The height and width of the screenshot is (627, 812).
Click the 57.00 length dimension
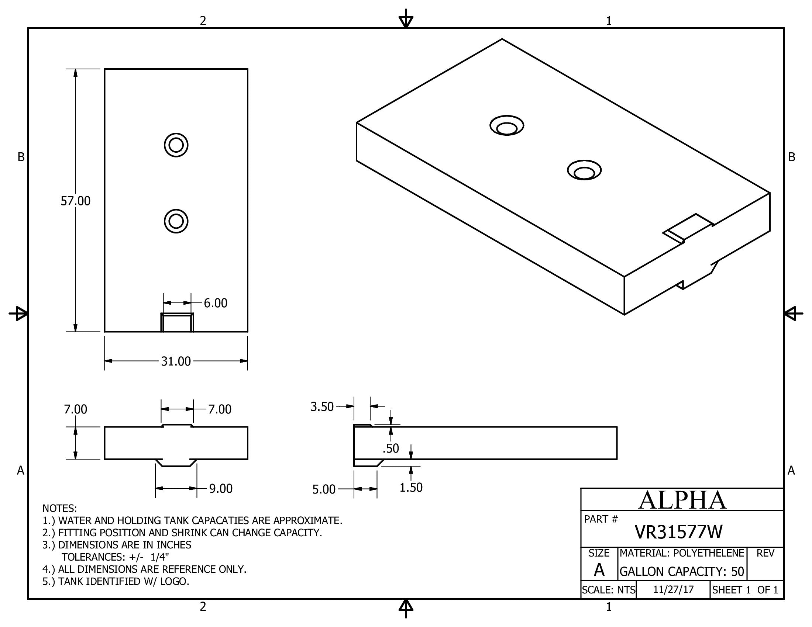tap(75, 201)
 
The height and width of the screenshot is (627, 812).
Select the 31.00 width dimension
tap(175, 361)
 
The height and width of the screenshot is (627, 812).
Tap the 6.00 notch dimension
tap(215, 303)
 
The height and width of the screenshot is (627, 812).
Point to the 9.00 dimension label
tap(220, 488)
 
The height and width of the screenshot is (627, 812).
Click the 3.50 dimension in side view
tap(322, 407)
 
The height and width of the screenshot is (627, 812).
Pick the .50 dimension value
tap(391, 449)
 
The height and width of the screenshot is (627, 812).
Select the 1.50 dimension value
tap(411, 487)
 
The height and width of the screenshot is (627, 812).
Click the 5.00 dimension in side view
tap(324, 489)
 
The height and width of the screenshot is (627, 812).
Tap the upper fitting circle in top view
tap(176, 145)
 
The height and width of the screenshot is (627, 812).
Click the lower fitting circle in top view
tap(176, 221)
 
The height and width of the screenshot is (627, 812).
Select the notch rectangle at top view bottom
tap(177, 322)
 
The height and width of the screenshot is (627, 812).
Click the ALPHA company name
tap(682, 500)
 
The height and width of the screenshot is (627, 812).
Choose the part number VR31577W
tap(678, 532)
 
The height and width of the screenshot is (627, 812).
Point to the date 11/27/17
tap(673, 590)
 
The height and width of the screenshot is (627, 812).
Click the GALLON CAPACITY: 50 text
tap(681, 571)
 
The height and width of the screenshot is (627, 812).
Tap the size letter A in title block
tap(599, 570)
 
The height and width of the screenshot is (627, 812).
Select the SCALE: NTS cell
tap(608, 590)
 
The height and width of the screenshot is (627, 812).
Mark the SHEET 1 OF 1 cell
tap(745, 590)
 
